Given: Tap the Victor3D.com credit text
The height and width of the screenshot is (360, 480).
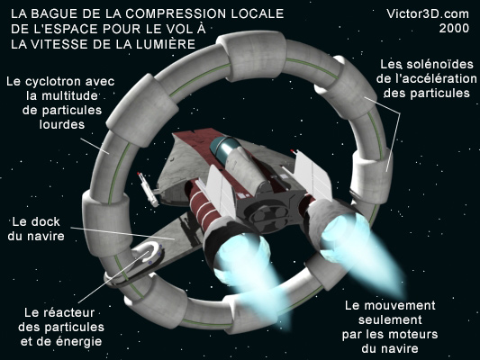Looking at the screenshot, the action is (x=428, y=13).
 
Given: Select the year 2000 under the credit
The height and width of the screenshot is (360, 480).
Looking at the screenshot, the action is (x=454, y=28).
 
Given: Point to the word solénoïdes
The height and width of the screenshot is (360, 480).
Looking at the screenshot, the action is (x=439, y=64).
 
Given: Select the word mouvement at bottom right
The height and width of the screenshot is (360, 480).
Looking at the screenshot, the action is (x=400, y=305).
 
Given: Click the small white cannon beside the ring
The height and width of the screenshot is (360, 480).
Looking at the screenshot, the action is (x=148, y=189).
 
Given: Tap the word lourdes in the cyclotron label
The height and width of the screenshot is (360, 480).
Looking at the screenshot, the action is (x=62, y=124).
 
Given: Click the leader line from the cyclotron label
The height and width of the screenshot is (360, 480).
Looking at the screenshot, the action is (x=95, y=146).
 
